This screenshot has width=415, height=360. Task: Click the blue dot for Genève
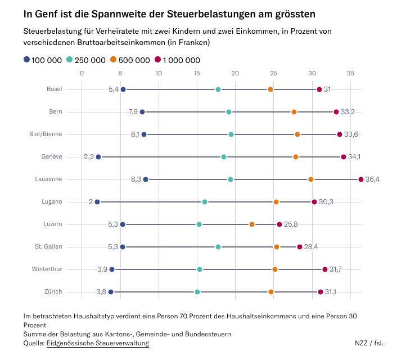point(98,157)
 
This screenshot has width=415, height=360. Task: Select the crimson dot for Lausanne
point(361,179)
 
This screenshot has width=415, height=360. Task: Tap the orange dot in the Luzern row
point(252,224)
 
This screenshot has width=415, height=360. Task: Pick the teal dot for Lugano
point(205,202)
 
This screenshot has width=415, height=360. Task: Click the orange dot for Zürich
point(271,292)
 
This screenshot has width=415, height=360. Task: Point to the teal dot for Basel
point(218,89)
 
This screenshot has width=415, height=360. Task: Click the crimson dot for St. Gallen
point(300,247)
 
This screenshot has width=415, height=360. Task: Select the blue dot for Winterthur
point(112,269)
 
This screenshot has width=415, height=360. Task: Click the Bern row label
point(55,112)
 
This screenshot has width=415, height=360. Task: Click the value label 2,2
point(89,157)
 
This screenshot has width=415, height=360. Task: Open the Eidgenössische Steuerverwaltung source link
point(98,343)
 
